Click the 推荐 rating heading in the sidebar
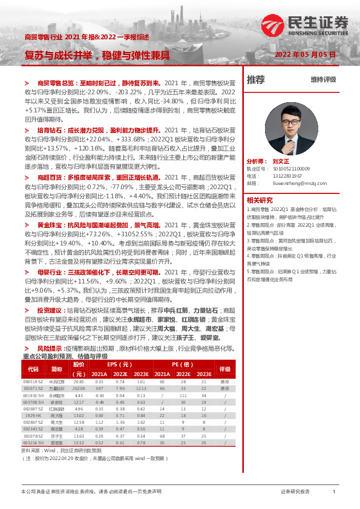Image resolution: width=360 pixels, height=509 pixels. pos(256,79)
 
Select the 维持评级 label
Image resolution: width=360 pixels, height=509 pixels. pos(323,79)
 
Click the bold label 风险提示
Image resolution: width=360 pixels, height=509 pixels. pos(50,349)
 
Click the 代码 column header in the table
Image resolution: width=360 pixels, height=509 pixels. pos(33,368)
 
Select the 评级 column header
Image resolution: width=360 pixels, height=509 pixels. pos(224,368)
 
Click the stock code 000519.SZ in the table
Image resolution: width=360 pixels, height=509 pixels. pos(33,382)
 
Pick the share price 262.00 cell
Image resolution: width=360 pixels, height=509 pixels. pos(79,389)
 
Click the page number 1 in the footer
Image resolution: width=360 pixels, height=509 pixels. pos(334,492)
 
